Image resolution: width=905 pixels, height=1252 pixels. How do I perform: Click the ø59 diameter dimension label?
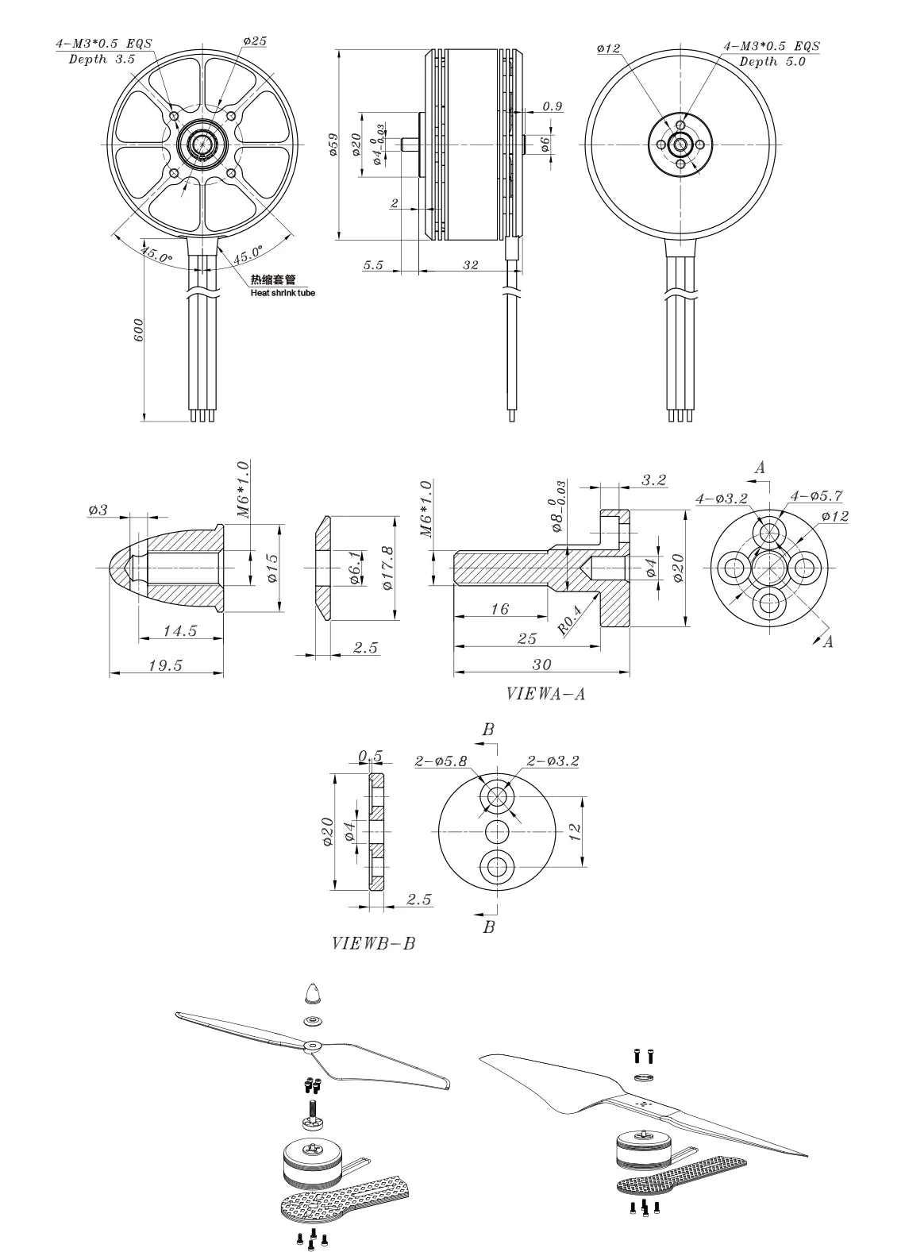[x=333, y=144]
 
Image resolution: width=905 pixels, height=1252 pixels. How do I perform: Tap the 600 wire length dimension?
[x=139, y=329]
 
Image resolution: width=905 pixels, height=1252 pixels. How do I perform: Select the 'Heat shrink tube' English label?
[x=283, y=293]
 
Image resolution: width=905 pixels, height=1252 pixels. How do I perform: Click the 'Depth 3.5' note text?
[x=102, y=60]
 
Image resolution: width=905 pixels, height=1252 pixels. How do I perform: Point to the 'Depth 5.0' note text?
[x=772, y=61]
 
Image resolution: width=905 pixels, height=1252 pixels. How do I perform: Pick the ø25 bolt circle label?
[x=255, y=40]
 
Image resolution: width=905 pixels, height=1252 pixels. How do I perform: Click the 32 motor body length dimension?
[x=471, y=264]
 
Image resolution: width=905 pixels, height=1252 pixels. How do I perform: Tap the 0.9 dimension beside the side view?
[x=553, y=106]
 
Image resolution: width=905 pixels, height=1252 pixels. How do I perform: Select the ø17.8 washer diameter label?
[x=388, y=568]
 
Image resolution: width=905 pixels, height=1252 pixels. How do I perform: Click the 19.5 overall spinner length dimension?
[x=165, y=665]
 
